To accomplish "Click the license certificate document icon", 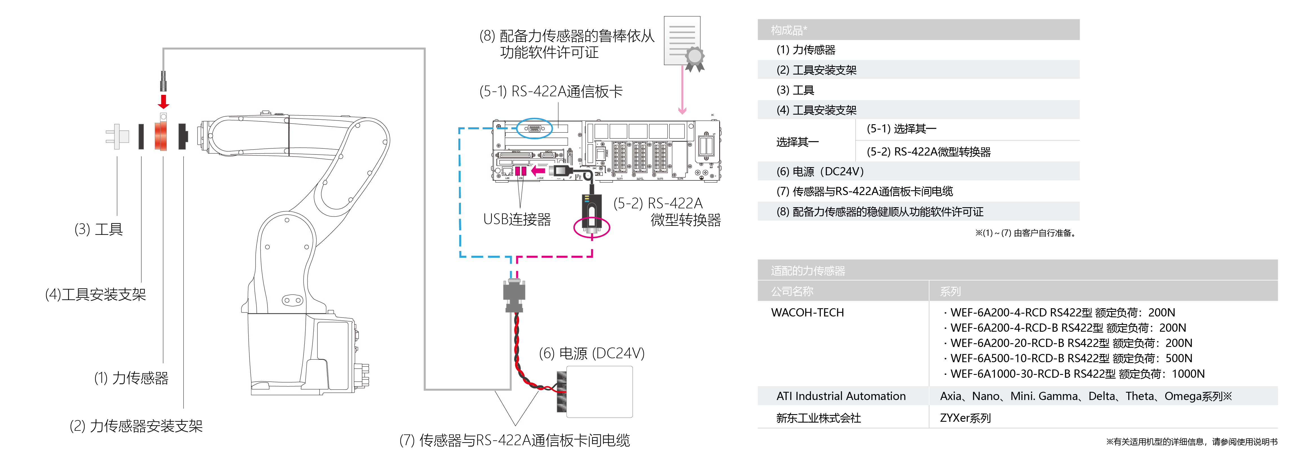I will point(683,42).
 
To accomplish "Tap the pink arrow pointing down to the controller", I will point(682,90).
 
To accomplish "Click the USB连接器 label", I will point(517,219).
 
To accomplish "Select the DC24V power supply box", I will point(599,392).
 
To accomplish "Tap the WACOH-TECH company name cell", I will point(807,312).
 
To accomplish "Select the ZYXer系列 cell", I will point(965,418).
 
